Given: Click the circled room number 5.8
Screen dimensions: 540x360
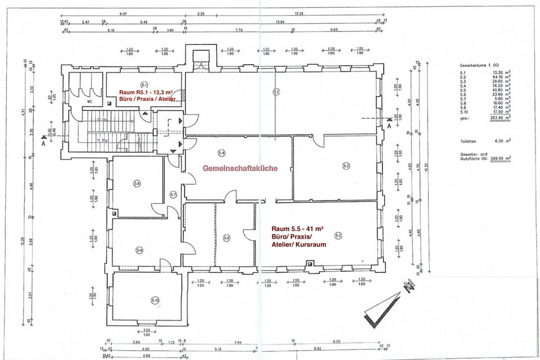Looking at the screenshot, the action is point(137,183).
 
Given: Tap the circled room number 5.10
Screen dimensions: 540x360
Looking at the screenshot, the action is point(155,300).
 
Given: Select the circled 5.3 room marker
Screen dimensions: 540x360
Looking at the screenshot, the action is point(346,166).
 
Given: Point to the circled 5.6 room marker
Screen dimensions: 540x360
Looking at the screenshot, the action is point(227,238).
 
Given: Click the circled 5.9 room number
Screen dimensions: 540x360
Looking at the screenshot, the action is point(139,250).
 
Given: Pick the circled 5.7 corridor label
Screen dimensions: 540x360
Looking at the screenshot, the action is point(173,195).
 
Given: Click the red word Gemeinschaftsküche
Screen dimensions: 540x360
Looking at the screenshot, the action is point(240,168).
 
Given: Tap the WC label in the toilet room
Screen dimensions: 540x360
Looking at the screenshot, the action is point(89,102).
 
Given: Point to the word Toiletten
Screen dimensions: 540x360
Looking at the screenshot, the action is point(470,142).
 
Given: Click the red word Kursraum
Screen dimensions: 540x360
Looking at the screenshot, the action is point(310,245).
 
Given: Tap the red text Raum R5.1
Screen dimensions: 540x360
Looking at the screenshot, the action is point(133,91).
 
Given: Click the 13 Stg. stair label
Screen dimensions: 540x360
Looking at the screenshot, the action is point(102,120).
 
